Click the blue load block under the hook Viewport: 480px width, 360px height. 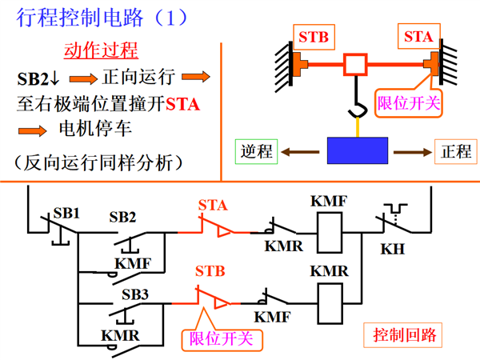tap(358, 150)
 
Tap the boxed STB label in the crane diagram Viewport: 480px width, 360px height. tap(314, 37)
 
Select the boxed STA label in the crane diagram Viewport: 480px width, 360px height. tap(418, 36)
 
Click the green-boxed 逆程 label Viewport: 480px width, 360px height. tap(256, 151)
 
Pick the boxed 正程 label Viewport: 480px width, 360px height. tap(456, 151)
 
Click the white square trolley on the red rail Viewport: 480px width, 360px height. tap(355, 64)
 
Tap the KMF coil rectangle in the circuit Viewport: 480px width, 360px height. tap(330, 233)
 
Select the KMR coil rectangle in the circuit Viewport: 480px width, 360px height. tap(330, 303)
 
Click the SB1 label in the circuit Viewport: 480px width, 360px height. tap(66, 213)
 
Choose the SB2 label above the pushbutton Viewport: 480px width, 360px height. tap(122, 217)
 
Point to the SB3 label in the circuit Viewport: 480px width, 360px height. tap(135, 294)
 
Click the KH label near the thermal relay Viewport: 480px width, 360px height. tap(393, 249)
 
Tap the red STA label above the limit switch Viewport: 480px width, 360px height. tap(213, 205)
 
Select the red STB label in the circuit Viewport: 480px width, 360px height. tap(210, 271)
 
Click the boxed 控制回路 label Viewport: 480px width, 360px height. tap(403, 335)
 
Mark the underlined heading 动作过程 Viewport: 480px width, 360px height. tap(101, 50)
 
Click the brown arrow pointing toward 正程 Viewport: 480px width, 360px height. tap(413, 152)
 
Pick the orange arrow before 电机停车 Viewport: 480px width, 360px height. tap(33, 131)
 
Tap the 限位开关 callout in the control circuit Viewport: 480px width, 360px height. tap(222, 339)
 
